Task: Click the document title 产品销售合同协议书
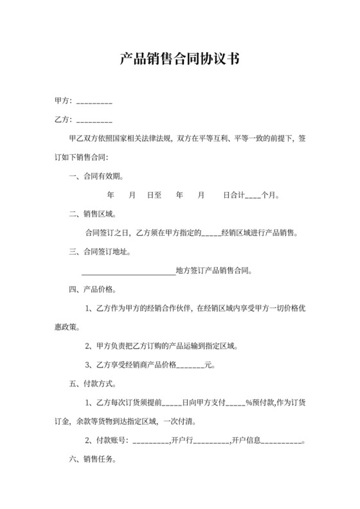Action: (180, 60)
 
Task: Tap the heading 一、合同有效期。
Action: (96, 175)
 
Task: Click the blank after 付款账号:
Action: (151, 442)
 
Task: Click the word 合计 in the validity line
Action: (238, 194)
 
